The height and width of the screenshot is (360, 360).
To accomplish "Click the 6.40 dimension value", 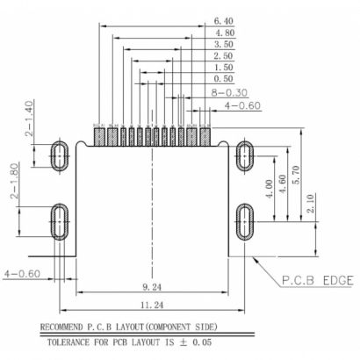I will tap(226, 19).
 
